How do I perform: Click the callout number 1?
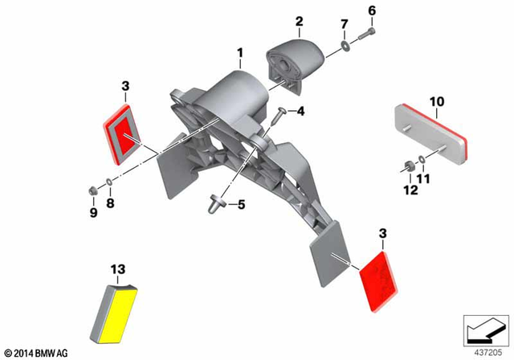point(240,53)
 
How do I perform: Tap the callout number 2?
point(299,22)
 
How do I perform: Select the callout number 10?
point(437,102)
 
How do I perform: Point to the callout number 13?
point(118,269)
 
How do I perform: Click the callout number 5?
point(241,205)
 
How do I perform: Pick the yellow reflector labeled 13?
point(113,313)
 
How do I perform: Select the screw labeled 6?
point(367,34)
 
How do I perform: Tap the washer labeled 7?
point(345,47)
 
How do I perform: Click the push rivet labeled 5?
point(216,203)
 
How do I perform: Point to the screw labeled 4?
point(279,116)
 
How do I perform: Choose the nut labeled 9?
point(92,190)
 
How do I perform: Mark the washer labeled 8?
point(109,182)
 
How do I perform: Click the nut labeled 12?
point(410,166)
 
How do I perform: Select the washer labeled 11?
point(422,160)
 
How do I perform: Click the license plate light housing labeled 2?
point(296,64)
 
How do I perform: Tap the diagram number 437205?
point(487,353)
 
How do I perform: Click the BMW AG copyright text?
point(37,353)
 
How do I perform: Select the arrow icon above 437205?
point(486,330)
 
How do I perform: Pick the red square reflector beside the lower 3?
point(378,282)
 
